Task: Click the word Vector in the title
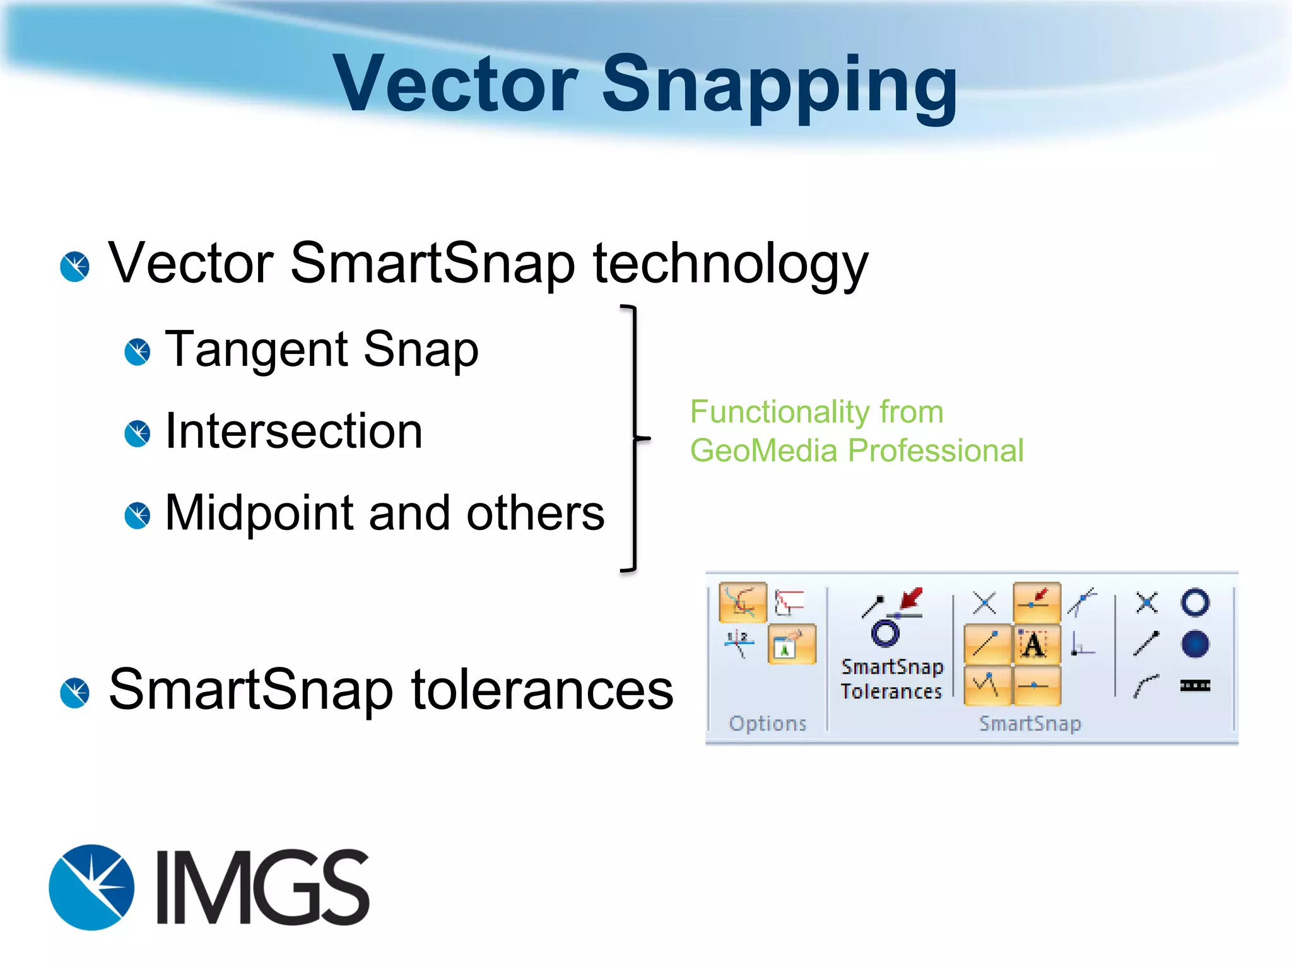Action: click(454, 85)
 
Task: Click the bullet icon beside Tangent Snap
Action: click(137, 351)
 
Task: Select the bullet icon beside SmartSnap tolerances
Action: click(74, 693)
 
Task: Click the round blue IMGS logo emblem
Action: click(91, 887)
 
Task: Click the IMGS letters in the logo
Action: click(262, 887)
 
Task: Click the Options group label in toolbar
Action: click(767, 723)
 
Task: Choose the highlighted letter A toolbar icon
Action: click(1034, 645)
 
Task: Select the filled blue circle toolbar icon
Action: click(1194, 644)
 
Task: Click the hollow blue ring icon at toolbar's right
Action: click(1194, 602)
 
